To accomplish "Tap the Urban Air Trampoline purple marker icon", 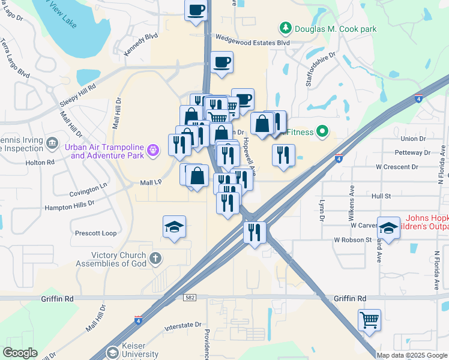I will click(154, 148).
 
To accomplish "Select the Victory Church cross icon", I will click(155, 259).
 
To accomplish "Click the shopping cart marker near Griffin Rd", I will click(369, 319).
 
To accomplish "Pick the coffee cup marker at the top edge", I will click(197, 10).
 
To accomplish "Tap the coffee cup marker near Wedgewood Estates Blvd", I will click(221, 62).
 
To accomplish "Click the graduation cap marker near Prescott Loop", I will click(174, 227).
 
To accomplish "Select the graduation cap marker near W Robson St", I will click(388, 228).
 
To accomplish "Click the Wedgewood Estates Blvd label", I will click(253, 43).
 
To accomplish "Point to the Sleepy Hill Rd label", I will click(78, 95).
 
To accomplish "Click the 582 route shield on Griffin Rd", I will click(190, 297).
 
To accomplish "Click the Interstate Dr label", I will click(182, 327).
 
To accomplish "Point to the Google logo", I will click(19, 353).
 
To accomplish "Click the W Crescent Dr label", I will click(396, 167).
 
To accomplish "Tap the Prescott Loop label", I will click(95, 233).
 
